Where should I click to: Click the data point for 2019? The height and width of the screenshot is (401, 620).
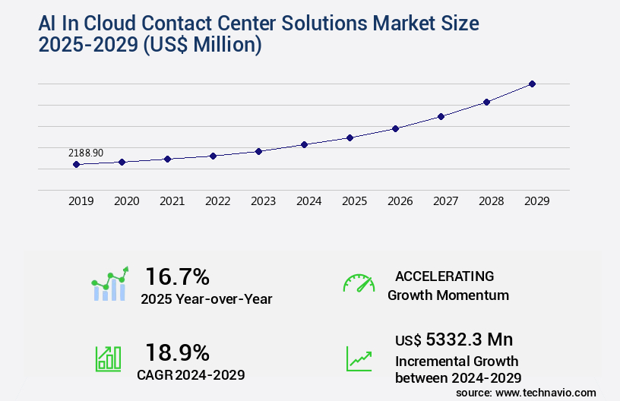[76, 164]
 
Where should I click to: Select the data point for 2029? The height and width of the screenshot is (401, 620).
[532, 84]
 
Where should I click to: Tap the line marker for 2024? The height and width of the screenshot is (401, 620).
[304, 144]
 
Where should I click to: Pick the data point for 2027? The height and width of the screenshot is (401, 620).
[441, 116]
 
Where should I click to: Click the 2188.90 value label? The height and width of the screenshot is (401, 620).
[85, 153]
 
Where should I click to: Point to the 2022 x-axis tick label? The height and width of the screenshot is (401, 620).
[217, 201]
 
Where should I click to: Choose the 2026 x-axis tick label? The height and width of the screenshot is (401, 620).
[400, 201]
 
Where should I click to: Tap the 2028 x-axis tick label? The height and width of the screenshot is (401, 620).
[491, 201]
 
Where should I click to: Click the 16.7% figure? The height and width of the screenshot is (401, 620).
[177, 276]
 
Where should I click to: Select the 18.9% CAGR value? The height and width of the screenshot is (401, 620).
[177, 352]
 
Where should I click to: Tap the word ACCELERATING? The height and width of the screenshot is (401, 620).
[444, 276]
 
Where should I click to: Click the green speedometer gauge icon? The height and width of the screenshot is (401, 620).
[359, 283]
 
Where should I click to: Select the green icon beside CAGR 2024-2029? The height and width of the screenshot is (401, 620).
[108, 358]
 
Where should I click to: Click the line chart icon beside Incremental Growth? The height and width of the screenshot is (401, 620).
[359, 358]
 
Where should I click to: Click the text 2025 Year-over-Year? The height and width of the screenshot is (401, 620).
[206, 298]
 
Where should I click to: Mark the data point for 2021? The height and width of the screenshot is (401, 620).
[167, 159]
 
